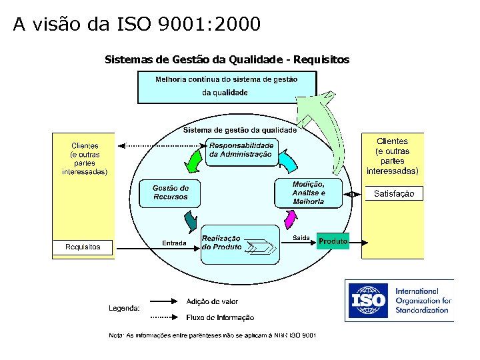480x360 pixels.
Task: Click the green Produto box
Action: (x=333, y=241)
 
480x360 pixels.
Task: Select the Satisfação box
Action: (x=394, y=193)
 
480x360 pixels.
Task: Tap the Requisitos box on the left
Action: (x=83, y=247)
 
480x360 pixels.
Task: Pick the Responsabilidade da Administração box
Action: (x=241, y=150)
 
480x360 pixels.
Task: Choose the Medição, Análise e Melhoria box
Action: (x=308, y=193)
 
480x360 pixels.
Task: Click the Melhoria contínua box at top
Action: (x=227, y=87)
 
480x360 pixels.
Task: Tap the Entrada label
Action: (x=174, y=243)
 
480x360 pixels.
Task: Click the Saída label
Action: (x=301, y=238)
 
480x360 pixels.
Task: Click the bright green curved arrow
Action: (x=194, y=160)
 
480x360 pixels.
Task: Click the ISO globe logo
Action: (x=368, y=301)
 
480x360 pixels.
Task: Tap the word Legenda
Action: (x=124, y=308)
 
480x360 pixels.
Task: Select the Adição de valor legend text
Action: (x=212, y=302)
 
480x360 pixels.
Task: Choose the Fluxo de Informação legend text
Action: (x=220, y=317)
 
